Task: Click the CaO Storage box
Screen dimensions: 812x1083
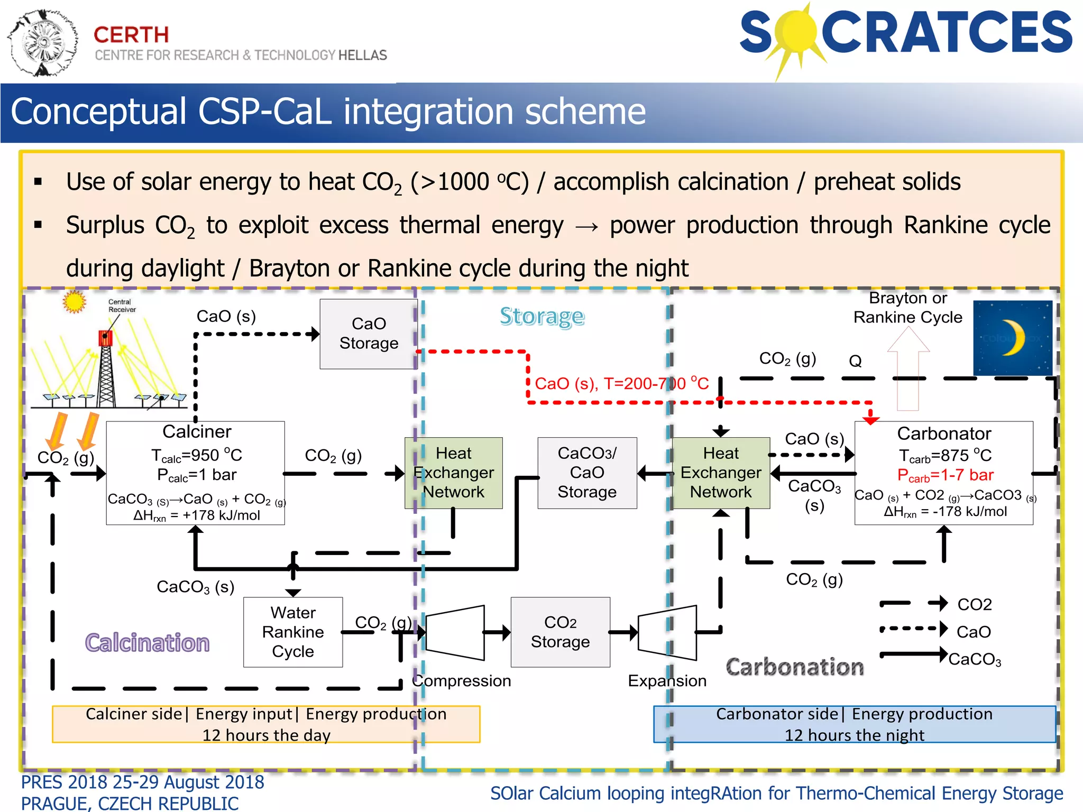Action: [369, 334]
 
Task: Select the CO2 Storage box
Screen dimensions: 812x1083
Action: [560, 632]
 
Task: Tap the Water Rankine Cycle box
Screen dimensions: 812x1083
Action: [292, 632]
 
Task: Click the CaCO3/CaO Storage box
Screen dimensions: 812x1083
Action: [587, 473]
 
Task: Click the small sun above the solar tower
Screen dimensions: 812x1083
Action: [74, 302]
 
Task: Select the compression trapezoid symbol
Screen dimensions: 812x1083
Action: [455, 632]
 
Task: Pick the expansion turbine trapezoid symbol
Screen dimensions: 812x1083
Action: [667, 632]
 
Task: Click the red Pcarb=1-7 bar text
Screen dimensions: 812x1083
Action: [945, 475]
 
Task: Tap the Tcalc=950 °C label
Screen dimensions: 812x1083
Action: [196, 455]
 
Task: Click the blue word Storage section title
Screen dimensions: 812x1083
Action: [542, 317]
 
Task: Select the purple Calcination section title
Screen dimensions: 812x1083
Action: [147, 643]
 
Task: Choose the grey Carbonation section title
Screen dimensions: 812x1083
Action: [794, 667]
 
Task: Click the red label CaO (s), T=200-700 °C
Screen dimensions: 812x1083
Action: [621, 383]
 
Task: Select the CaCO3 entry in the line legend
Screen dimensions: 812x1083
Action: [974, 659]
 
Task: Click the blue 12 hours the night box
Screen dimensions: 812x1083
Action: [854, 724]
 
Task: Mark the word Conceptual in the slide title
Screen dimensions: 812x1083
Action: [98, 112]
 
